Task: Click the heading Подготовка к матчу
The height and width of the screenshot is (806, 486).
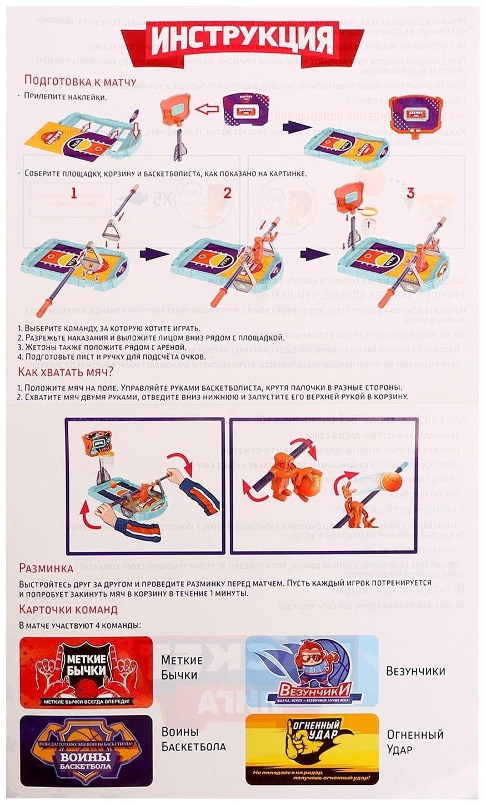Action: tap(80, 82)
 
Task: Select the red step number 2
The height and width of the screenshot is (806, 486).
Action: tap(227, 193)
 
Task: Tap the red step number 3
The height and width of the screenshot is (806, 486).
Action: tap(410, 193)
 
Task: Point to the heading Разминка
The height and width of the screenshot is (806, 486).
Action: tap(46, 568)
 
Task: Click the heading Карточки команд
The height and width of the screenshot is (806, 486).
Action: tap(68, 609)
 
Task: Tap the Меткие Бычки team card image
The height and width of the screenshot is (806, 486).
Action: tap(86, 671)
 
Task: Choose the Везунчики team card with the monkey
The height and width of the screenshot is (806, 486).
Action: tap(312, 671)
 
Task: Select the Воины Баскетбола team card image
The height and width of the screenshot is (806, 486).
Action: tap(86, 750)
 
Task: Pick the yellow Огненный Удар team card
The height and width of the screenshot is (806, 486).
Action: tap(312, 749)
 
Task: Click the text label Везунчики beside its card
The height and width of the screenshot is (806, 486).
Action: tap(415, 671)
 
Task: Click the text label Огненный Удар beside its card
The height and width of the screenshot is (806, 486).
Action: tap(415, 742)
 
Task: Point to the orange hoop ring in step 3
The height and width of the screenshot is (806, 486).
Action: tap(368, 211)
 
